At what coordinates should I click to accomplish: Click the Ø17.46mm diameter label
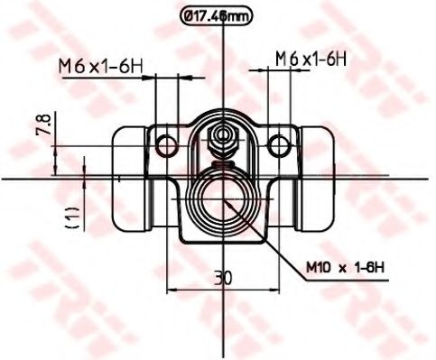point(215,16)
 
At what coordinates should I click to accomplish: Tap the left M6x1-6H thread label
point(100,67)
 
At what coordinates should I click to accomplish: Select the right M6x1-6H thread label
point(311,59)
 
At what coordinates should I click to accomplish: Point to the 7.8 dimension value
point(43,124)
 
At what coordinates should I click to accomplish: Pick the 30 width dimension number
point(223,278)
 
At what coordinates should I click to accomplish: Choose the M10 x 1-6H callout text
point(345,267)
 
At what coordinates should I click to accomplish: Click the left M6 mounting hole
point(166,146)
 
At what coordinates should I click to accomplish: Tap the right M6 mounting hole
point(279,146)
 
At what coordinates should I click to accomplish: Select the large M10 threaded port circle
point(223,199)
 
